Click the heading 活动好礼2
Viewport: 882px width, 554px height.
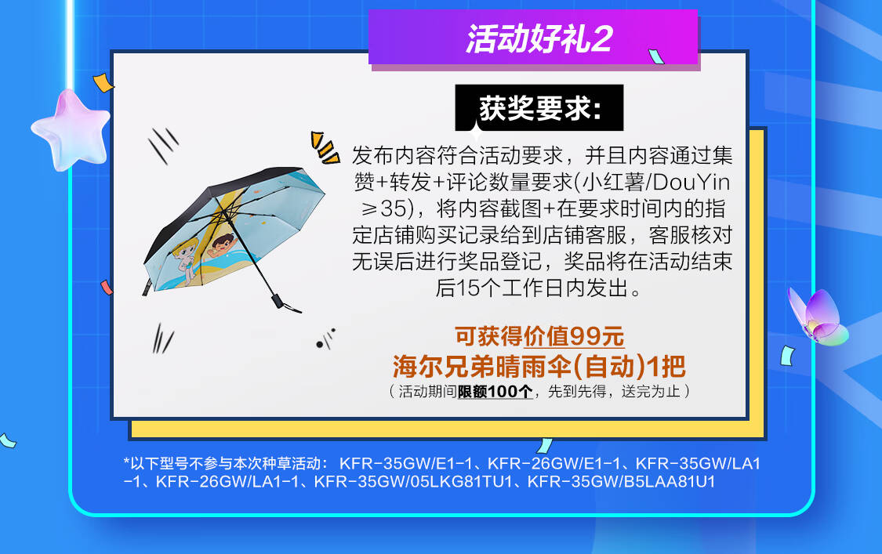point(539,39)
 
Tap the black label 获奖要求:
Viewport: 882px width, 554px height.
point(539,107)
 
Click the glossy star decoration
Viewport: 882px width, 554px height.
point(71,129)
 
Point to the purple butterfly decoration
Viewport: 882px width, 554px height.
point(818,317)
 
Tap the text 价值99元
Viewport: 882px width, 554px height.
point(574,336)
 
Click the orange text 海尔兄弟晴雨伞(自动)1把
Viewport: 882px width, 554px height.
point(539,367)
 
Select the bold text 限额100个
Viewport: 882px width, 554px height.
point(495,391)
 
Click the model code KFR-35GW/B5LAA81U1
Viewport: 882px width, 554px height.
point(621,482)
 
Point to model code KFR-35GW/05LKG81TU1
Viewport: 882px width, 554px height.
point(413,482)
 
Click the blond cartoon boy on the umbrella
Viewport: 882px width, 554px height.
point(186,258)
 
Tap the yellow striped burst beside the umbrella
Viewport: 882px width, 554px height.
point(325,147)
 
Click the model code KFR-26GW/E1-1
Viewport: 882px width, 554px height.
point(554,464)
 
